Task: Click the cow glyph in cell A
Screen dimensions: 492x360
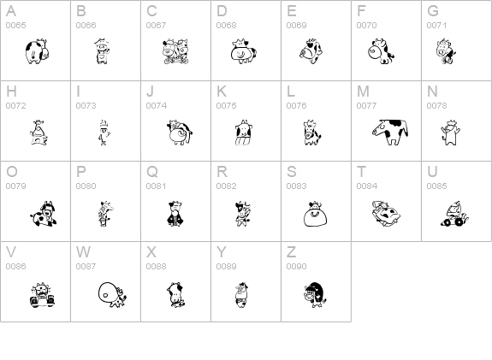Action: click(38, 52)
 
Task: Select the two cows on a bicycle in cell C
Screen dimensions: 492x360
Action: click(175, 52)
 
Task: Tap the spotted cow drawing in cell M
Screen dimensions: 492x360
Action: click(390, 132)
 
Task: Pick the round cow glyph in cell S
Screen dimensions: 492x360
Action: click(316, 214)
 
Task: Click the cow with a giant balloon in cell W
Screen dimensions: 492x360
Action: click(112, 294)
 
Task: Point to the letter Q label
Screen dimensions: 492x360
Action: click(152, 172)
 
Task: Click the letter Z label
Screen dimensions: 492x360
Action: click(291, 252)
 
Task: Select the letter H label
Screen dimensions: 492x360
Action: click(11, 91)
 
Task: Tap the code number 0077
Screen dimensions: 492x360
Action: click(366, 106)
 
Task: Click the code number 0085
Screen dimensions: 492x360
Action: click(436, 186)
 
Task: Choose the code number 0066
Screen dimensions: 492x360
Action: click(86, 25)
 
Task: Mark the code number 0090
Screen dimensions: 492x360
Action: click(297, 266)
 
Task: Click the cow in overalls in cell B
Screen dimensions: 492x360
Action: click(102, 52)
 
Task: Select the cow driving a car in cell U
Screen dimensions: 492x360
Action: click(454, 214)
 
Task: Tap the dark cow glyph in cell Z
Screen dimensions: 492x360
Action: click(315, 294)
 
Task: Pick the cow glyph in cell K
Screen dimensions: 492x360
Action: click(244, 133)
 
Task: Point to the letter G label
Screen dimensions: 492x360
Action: click(433, 11)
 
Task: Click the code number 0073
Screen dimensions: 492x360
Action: click(86, 106)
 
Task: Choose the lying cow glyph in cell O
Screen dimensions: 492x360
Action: click(44, 214)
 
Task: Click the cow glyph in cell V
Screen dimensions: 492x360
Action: click(42, 295)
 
